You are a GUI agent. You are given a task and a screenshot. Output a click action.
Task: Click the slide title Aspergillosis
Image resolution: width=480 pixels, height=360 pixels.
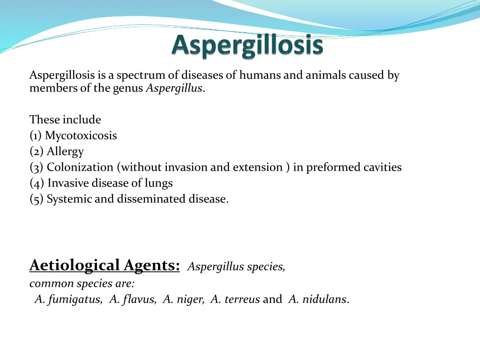pos(247,46)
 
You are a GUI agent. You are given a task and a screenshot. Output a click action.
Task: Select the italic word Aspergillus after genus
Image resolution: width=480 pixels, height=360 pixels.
pos(174,88)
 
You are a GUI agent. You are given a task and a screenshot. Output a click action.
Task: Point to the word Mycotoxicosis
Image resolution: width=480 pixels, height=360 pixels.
pos(81,136)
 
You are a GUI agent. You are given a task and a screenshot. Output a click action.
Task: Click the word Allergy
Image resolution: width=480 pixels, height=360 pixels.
pos(65,151)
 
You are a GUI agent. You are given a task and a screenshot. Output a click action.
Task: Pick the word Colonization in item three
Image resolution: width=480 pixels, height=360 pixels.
pos(80,167)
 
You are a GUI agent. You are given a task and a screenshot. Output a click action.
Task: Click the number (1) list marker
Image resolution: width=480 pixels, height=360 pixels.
pos(36,136)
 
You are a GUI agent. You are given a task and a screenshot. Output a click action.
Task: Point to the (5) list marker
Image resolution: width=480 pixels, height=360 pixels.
pos(36,199)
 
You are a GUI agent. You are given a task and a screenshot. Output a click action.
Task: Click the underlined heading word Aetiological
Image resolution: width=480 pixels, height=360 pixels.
pos(75,265)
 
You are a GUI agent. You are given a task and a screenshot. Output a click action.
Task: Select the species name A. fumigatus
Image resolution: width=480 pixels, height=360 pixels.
pos(68,300)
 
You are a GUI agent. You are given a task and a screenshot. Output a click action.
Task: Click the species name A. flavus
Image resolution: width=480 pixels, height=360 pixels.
pos(133,300)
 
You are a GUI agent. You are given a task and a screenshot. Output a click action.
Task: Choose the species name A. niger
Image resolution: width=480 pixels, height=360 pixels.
pos(183,300)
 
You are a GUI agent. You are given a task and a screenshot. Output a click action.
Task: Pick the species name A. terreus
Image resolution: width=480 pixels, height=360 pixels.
pos(235,300)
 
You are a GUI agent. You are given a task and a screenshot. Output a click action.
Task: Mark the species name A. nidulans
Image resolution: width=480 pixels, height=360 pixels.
pos(317,300)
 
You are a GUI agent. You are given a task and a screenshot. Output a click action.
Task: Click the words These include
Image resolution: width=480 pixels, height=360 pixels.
pos(65,120)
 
